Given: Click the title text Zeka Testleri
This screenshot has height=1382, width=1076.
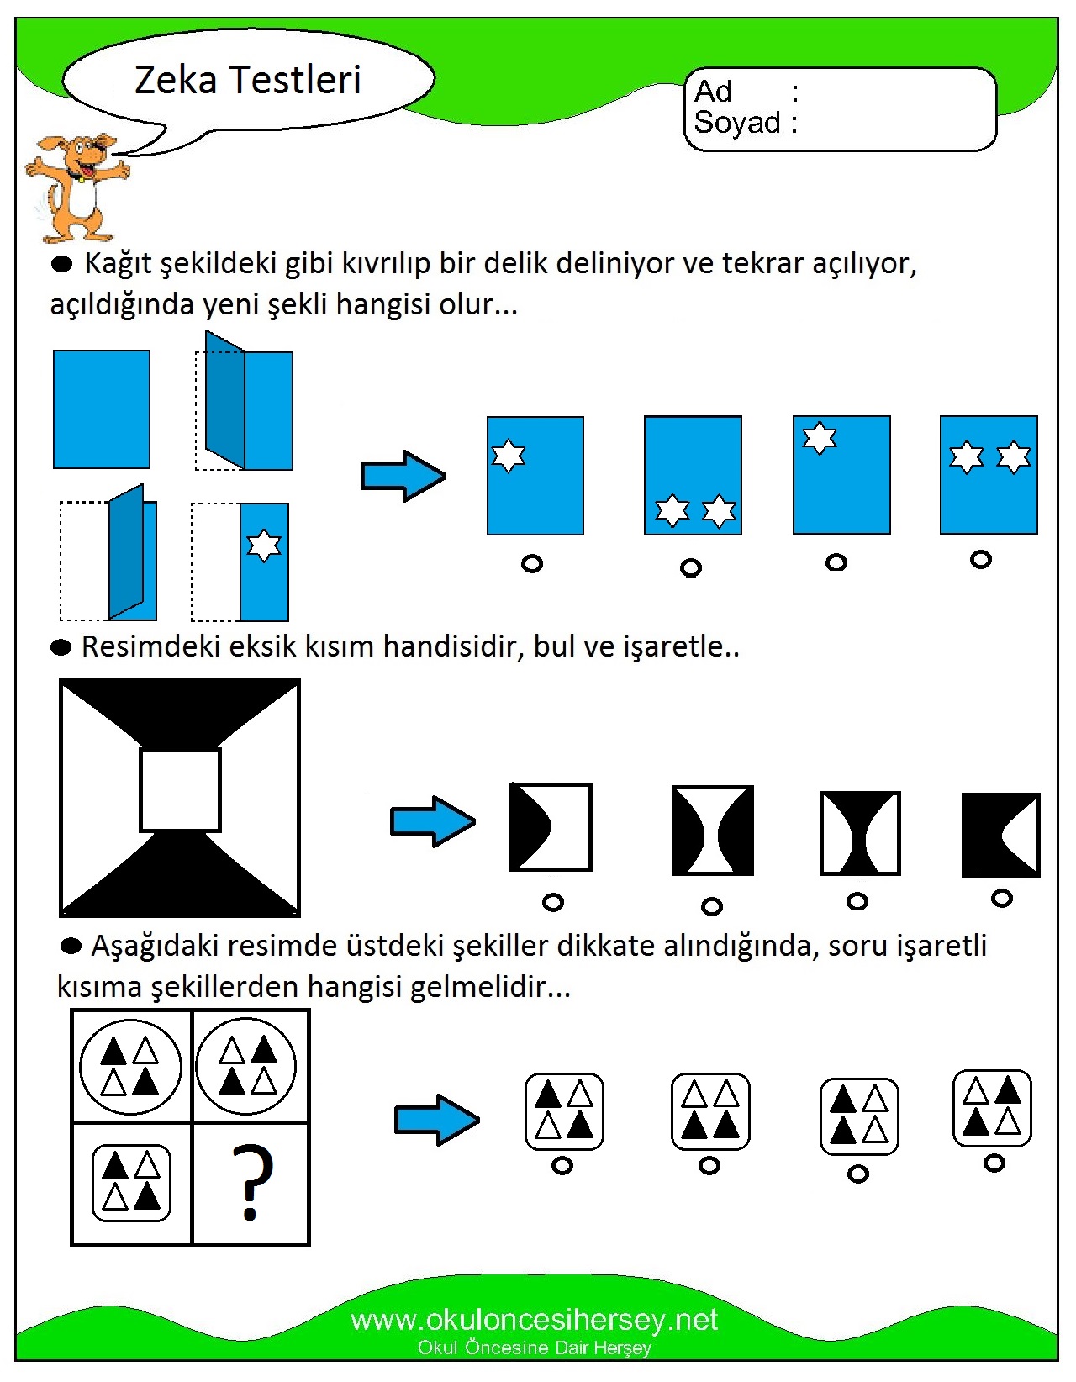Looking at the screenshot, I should coord(248,81).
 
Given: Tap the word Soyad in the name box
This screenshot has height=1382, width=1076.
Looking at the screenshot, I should coord(737,123).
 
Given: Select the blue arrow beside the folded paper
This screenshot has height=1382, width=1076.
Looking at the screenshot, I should coord(403,476).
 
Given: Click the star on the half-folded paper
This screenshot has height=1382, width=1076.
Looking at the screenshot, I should coord(264,546).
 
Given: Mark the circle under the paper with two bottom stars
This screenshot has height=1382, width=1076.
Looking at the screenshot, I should coord(690,568).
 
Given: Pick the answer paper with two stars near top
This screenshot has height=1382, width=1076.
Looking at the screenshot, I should coord(989,475).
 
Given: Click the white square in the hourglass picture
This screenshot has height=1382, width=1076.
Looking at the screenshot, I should coord(180,790).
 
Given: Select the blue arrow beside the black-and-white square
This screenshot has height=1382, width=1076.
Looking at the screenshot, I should coord(432,821).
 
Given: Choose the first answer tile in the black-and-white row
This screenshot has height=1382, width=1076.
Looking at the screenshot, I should coord(551,827).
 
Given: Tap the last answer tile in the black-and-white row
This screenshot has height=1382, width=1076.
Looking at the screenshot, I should coord(1000,835).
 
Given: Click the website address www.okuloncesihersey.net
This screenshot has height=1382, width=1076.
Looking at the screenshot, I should coord(534,1320).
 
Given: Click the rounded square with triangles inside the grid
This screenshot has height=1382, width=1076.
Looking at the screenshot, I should coord(131,1183).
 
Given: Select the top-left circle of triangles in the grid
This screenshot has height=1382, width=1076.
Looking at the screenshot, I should coord(130,1067).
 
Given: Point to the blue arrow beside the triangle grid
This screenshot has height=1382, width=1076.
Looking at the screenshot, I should coord(436,1120).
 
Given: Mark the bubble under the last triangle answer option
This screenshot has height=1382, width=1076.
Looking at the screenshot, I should coord(994,1163).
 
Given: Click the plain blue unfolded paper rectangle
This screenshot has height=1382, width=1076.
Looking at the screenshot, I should coord(102,409).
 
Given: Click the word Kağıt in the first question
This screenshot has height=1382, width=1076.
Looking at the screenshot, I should coord(119,264).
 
